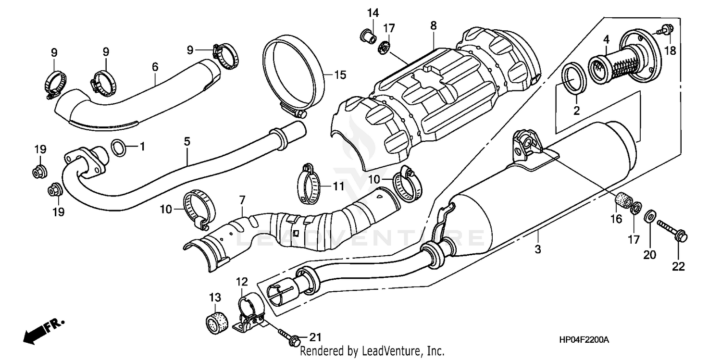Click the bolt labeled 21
point(287,336)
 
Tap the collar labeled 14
point(368,35)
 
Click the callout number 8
point(434,26)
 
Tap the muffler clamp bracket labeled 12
point(250,312)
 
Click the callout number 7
point(242,199)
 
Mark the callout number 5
point(187,141)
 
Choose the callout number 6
point(155,67)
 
